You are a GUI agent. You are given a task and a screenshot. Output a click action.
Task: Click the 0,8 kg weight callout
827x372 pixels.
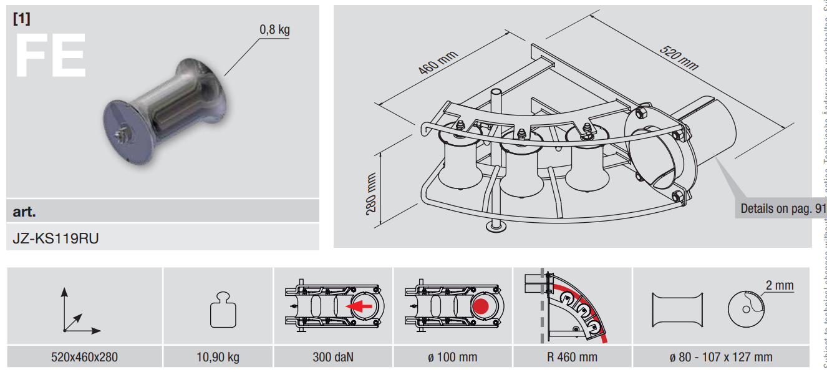274,29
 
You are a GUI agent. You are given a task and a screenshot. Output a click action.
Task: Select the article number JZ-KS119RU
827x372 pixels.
56,238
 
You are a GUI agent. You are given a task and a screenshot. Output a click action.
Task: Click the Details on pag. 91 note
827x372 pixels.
783,208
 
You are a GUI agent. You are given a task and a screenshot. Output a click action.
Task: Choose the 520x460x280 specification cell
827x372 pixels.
84,357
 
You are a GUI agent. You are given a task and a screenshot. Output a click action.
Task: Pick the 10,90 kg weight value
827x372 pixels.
218,357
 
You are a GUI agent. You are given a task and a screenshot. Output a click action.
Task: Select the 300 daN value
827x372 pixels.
333,357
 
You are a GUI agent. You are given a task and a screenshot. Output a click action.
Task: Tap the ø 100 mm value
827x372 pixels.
452,357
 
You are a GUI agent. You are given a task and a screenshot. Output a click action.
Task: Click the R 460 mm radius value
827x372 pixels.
572,357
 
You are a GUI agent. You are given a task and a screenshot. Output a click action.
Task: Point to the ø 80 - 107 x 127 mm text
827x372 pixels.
720,357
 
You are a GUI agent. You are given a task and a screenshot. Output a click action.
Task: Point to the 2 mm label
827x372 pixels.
780,285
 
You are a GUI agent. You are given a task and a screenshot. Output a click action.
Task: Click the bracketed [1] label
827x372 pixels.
21,18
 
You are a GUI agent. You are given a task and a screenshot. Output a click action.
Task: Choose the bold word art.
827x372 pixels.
24,211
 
